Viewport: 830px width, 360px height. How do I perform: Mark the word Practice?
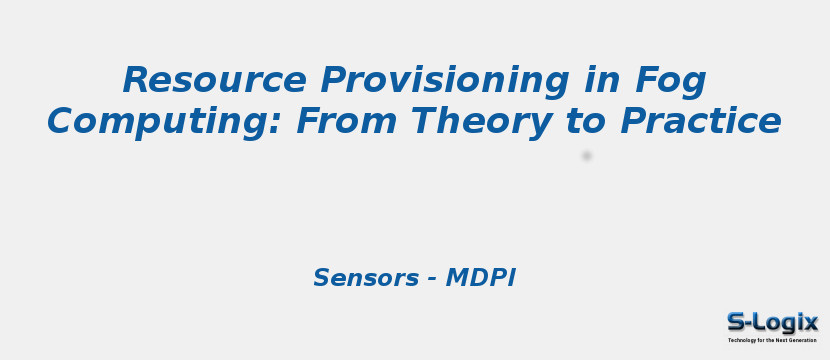tap(700, 122)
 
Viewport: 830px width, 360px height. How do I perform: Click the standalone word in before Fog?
tap(598, 80)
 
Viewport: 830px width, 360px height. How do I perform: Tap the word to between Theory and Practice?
tap(587, 122)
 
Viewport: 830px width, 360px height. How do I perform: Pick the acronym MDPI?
tap(480, 278)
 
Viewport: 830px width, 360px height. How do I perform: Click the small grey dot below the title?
tap(587, 156)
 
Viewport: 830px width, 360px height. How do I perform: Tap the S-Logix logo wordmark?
tap(772, 322)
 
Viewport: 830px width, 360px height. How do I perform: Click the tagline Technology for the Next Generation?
tap(772, 340)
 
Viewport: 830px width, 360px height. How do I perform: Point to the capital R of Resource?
tap(135, 80)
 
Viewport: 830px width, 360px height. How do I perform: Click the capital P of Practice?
tap(632, 122)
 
